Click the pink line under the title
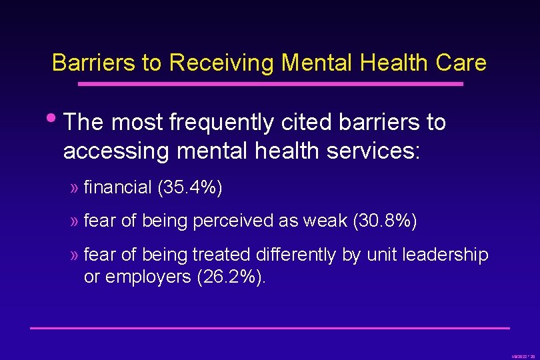[270, 84]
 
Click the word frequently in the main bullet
[221, 123]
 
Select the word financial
[118, 187]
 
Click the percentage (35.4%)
[190, 187]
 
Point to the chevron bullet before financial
[74, 188]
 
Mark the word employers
[149, 277]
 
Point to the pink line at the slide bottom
[270, 327]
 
